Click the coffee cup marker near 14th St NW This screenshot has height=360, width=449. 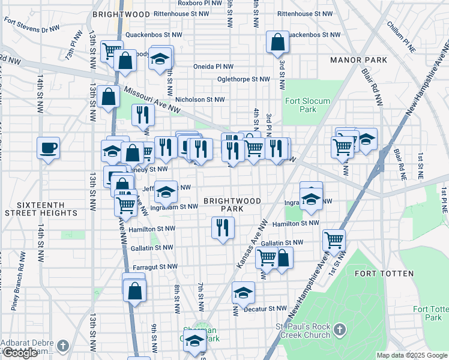tap(48, 147)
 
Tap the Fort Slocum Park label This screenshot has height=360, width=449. tap(307, 105)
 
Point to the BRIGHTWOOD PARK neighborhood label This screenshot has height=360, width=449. tap(223, 205)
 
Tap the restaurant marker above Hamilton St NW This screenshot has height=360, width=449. tap(223, 227)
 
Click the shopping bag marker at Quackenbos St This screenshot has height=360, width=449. tap(277, 42)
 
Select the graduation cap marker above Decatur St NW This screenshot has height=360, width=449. tap(243, 293)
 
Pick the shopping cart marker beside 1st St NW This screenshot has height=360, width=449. tap(334, 241)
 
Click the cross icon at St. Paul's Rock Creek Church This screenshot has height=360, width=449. tap(339, 329)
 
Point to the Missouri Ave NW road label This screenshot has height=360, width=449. tap(152, 100)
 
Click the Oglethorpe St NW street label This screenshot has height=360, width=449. tap(244, 79)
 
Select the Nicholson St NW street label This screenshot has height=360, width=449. tap(200, 100)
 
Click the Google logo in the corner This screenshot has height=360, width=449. tap(20, 353)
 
